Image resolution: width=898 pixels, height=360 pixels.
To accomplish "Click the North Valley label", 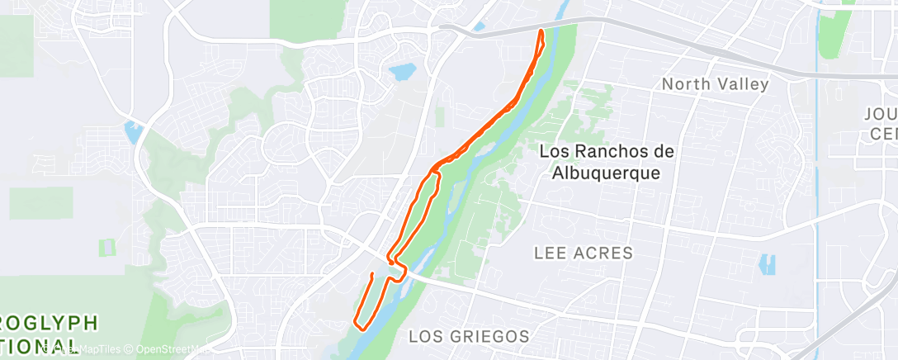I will pyautogui.click(x=715, y=84).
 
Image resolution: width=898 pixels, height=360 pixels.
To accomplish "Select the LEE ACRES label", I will pyautogui.click(x=583, y=253).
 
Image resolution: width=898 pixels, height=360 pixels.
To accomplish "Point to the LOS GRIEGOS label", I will pyautogui.click(x=469, y=336).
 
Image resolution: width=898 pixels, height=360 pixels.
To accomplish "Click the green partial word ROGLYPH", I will pyautogui.click(x=50, y=322).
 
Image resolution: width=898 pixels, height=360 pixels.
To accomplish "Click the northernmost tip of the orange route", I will pyautogui.click(x=541, y=31).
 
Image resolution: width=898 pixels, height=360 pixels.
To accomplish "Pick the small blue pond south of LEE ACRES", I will pyautogui.click(x=768, y=264).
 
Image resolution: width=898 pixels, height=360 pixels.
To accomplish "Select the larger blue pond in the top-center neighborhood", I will pyautogui.click(x=403, y=72).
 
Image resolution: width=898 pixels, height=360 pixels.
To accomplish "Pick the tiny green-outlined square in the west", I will pyautogui.click(x=106, y=246).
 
